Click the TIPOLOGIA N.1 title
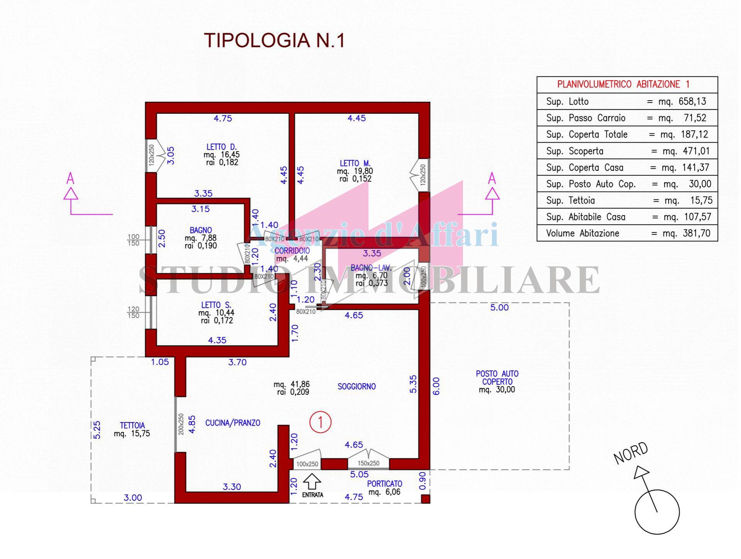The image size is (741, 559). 274,40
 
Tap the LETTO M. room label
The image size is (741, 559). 355,163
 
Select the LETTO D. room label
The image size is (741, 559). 222,147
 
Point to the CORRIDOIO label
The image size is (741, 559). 292,251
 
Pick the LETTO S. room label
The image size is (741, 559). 216,305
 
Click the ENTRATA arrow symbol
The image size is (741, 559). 312,482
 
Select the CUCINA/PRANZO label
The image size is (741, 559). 232,423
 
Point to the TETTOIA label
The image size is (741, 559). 132,426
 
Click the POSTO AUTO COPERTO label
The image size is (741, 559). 497,377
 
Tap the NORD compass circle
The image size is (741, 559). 657,512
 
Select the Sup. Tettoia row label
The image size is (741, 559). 570,200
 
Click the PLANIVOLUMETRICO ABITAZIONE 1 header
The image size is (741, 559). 623,84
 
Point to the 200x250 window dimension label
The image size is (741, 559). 181,424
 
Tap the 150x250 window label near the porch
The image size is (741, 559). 369,463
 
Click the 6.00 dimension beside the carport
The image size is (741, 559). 436,386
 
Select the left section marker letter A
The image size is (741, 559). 70,178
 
